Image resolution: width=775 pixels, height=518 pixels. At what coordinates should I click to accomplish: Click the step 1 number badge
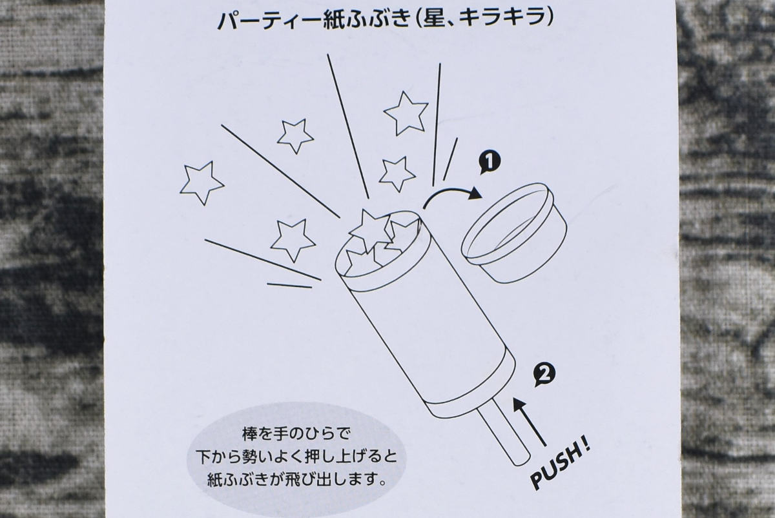(x=490, y=162)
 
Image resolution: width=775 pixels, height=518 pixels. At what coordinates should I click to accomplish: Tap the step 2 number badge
(x=545, y=374)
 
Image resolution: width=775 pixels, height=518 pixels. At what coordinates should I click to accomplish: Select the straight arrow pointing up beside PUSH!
(x=530, y=422)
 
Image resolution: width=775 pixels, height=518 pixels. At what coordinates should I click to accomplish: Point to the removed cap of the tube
(x=514, y=233)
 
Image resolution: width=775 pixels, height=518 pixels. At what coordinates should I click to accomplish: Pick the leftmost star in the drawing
(x=201, y=182)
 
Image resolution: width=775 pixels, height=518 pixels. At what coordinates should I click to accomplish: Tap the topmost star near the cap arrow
(x=406, y=114)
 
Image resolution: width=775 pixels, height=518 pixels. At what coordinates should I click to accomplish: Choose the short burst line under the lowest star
(x=289, y=285)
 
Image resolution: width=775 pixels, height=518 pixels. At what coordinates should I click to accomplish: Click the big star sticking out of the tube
(x=370, y=230)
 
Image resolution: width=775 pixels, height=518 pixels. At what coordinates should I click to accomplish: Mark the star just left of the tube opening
(x=293, y=239)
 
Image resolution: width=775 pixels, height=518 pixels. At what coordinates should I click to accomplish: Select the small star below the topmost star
(x=397, y=174)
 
